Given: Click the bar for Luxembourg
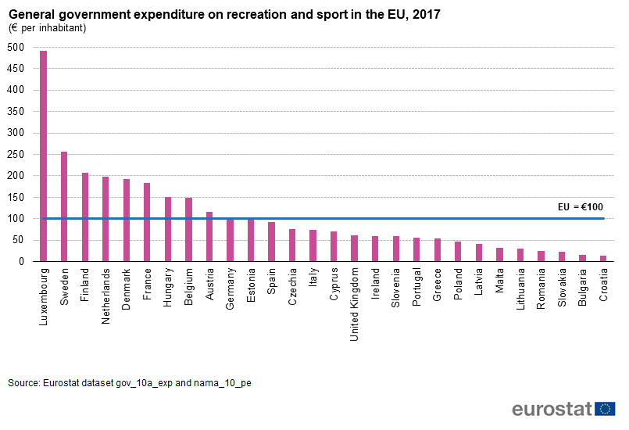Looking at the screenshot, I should tap(44, 156).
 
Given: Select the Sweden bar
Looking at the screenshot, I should tap(64, 206).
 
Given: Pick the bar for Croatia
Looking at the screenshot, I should tap(602, 258).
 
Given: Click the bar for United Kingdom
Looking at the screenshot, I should tap(354, 248).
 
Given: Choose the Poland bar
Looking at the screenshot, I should tap(457, 251).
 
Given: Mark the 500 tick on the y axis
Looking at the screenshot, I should tap(16, 47).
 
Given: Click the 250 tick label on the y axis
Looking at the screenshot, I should tap(16, 154).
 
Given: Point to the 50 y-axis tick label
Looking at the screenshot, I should tap(19, 240).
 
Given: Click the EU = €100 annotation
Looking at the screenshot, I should tap(580, 207).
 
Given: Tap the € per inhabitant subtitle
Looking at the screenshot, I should tap(48, 28).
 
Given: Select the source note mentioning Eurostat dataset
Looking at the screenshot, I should tap(129, 383).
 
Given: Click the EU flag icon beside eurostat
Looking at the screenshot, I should tap(605, 409).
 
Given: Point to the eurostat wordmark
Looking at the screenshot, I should tap(552, 409).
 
